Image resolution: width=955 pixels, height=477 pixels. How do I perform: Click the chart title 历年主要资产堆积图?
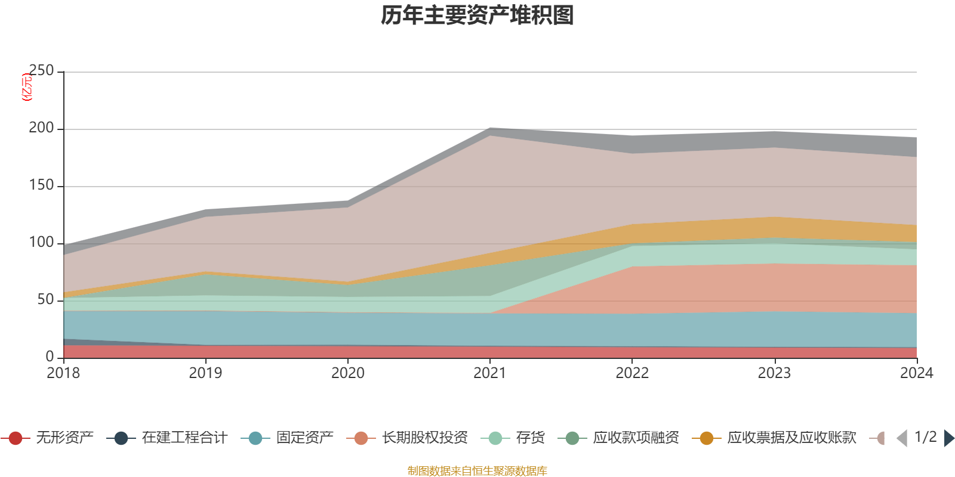[478, 16]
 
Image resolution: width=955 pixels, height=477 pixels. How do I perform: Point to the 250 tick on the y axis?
[41, 71]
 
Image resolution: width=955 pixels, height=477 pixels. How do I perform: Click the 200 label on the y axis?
[41, 128]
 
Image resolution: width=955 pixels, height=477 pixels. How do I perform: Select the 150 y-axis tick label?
[41, 185]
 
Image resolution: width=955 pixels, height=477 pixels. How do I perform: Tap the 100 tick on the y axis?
[41, 243]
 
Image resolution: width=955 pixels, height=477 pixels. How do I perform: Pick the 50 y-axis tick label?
[45, 300]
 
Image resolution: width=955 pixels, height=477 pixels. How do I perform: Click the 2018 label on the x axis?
[64, 373]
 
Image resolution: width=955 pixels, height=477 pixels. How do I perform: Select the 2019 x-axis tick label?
[206, 373]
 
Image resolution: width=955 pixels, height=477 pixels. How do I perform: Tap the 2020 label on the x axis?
[348, 373]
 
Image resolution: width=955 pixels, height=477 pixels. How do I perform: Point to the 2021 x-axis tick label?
[490, 373]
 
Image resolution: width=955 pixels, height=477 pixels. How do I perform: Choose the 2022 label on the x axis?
[632, 373]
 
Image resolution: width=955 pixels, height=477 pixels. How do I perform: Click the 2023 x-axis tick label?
[774, 373]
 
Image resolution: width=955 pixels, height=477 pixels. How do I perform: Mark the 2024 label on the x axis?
[916, 373]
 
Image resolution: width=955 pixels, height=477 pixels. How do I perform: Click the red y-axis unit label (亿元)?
[27, 87]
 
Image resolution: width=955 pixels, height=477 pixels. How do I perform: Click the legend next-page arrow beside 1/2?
[948, 438]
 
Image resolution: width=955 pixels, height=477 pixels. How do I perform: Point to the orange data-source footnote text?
[478, 471]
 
